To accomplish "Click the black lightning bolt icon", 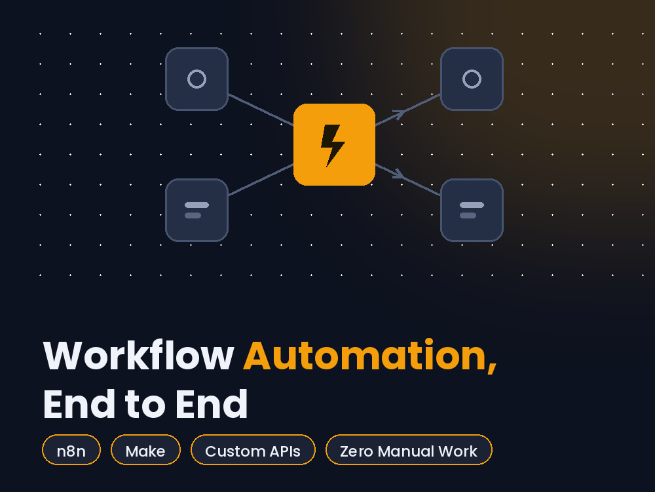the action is (x=333, y=145).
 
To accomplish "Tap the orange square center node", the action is (x=334, y=144).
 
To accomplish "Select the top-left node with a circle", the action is (x=196, y=79).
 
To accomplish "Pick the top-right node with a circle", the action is (x=472, y=79).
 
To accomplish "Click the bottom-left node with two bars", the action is (x=196, y=210).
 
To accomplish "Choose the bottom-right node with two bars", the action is (x=472, y=210).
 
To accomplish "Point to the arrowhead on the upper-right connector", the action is (x=400, y=113).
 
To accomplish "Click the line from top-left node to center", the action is (x=261, y=110).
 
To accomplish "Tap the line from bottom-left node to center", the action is (x=261, y=180).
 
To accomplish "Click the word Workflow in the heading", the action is (x=138, y=356).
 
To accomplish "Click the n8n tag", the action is (x=71, y=450).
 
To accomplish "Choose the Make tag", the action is (x=145, y=450).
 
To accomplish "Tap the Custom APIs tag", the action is (x=253, y=450).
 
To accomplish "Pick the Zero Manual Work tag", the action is (x=409, y=450).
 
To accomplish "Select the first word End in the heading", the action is (x=79, y=403).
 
